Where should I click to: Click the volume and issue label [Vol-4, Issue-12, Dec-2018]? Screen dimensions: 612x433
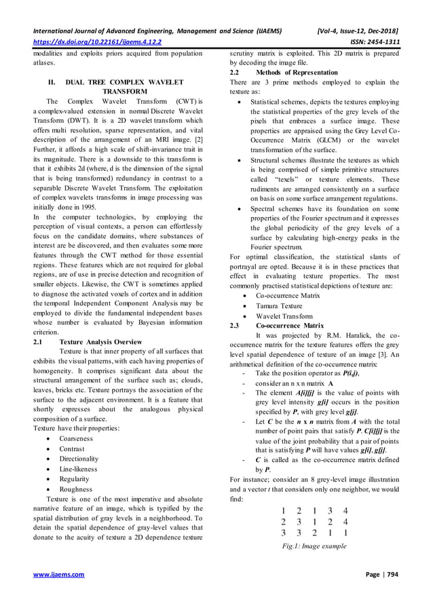click(x=353, y=31)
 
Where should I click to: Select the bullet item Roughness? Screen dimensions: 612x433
click(x=75, y=489)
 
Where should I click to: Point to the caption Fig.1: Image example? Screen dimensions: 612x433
click(x=315, y=546)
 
